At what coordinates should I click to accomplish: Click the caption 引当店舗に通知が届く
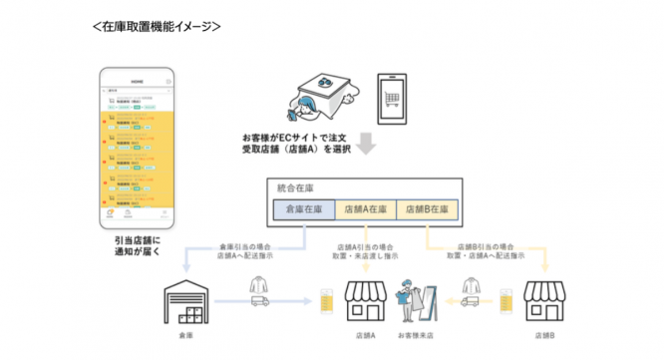(x=138, y=246)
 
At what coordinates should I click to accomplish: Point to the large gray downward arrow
(x=364, y=147)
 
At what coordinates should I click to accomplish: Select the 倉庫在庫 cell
(x=305, y=210)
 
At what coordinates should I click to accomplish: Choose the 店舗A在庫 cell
(x=366, y=210)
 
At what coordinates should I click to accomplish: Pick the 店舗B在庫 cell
(x=427, y=210)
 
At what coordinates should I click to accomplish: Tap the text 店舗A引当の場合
(x=364, y=245)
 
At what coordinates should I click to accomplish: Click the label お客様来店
(x=413, y=338)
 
